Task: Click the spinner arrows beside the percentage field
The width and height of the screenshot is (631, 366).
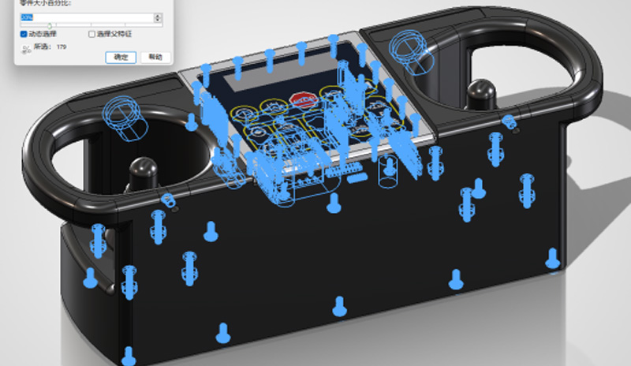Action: coord(159,17)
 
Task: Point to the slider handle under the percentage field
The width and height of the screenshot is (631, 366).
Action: coord(50,25)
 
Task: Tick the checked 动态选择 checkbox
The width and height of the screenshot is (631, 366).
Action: coord(23,34)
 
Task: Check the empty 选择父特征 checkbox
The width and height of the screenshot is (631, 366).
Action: coord(91,34)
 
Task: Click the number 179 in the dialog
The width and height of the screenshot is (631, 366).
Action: coord(62,47)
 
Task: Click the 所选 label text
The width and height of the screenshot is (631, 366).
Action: coord(43,47)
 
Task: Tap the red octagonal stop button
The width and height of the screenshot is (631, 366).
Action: coord(302,100)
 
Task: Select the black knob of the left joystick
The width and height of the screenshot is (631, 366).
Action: coord(142,167)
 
